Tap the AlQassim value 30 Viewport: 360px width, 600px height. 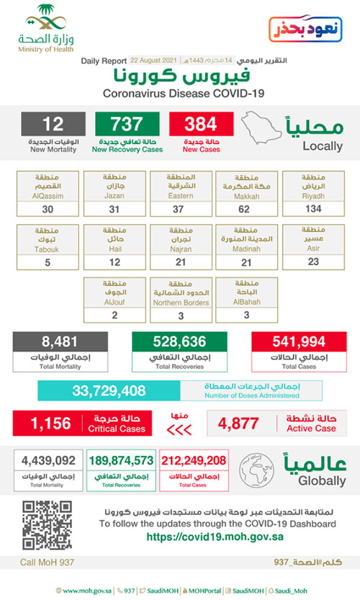[48, 208]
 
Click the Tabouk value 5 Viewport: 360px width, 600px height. [48, 262]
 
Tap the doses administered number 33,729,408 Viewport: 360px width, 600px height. [109, 391]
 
